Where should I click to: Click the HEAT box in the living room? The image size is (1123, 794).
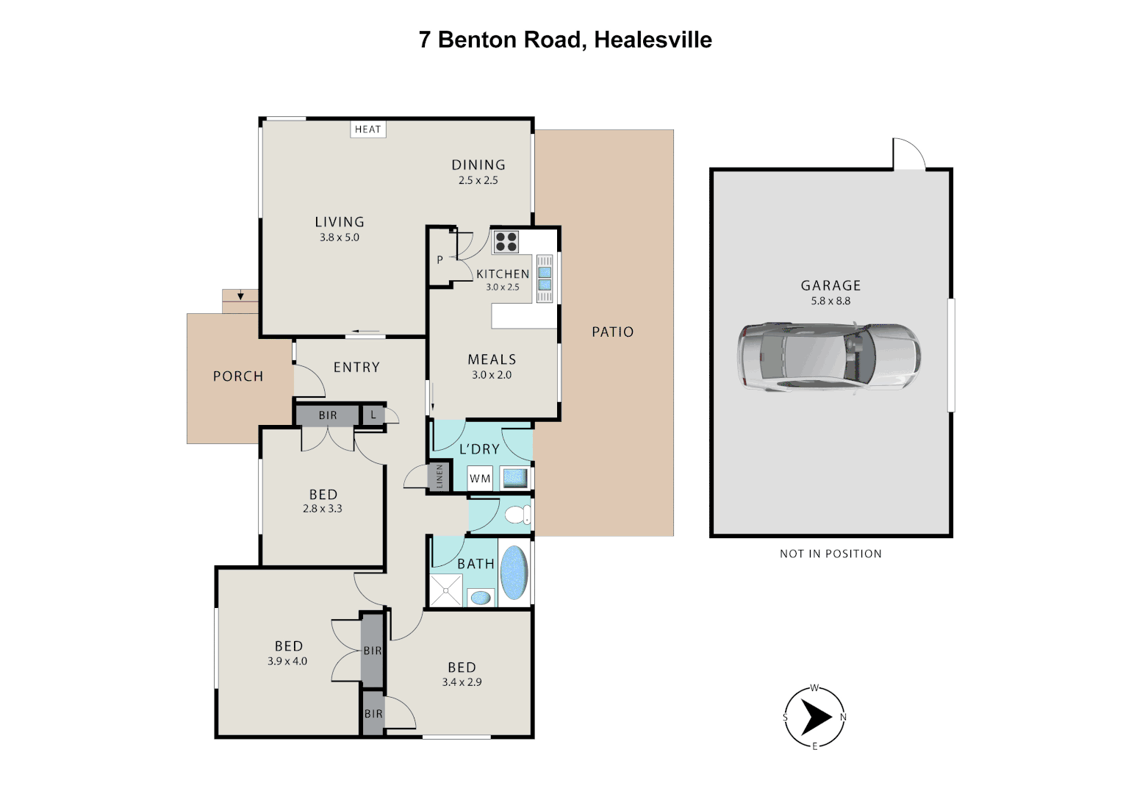click(x=368, y=129)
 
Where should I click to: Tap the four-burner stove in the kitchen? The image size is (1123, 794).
click(x=506, y=241)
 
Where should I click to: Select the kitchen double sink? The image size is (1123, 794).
click(x=545, y=279)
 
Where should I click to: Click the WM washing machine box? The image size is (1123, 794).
click(x=480, y=479)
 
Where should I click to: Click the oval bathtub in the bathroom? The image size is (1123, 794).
click(x=514, y=572)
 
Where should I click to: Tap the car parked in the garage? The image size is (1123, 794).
click(x=828, y=357)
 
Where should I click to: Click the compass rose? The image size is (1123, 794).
click(x=814, y=717)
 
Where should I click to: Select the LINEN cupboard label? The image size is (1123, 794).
click(x=439, y=476)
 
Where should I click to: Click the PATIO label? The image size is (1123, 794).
click(x=612, y=332)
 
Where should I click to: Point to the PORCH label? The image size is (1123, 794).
click(x=238, y=376)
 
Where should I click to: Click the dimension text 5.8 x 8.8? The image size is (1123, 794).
click(x=830, y=301)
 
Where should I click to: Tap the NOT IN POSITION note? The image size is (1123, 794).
click(x=830, y=554)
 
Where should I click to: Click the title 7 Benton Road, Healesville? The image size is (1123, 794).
click(x=565, y=40)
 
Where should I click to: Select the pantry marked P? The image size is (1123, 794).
click(x=439, y=260)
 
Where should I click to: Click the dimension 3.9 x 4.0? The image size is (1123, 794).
click(x=287, y=661)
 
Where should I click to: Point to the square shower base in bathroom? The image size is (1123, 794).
click(x=446, y=590)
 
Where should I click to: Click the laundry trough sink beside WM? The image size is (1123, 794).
click(x=514, y=478)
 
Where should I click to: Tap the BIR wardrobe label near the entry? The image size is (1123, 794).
click(x=328, y=415)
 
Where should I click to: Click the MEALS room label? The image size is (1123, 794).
click(x=492, y=360)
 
